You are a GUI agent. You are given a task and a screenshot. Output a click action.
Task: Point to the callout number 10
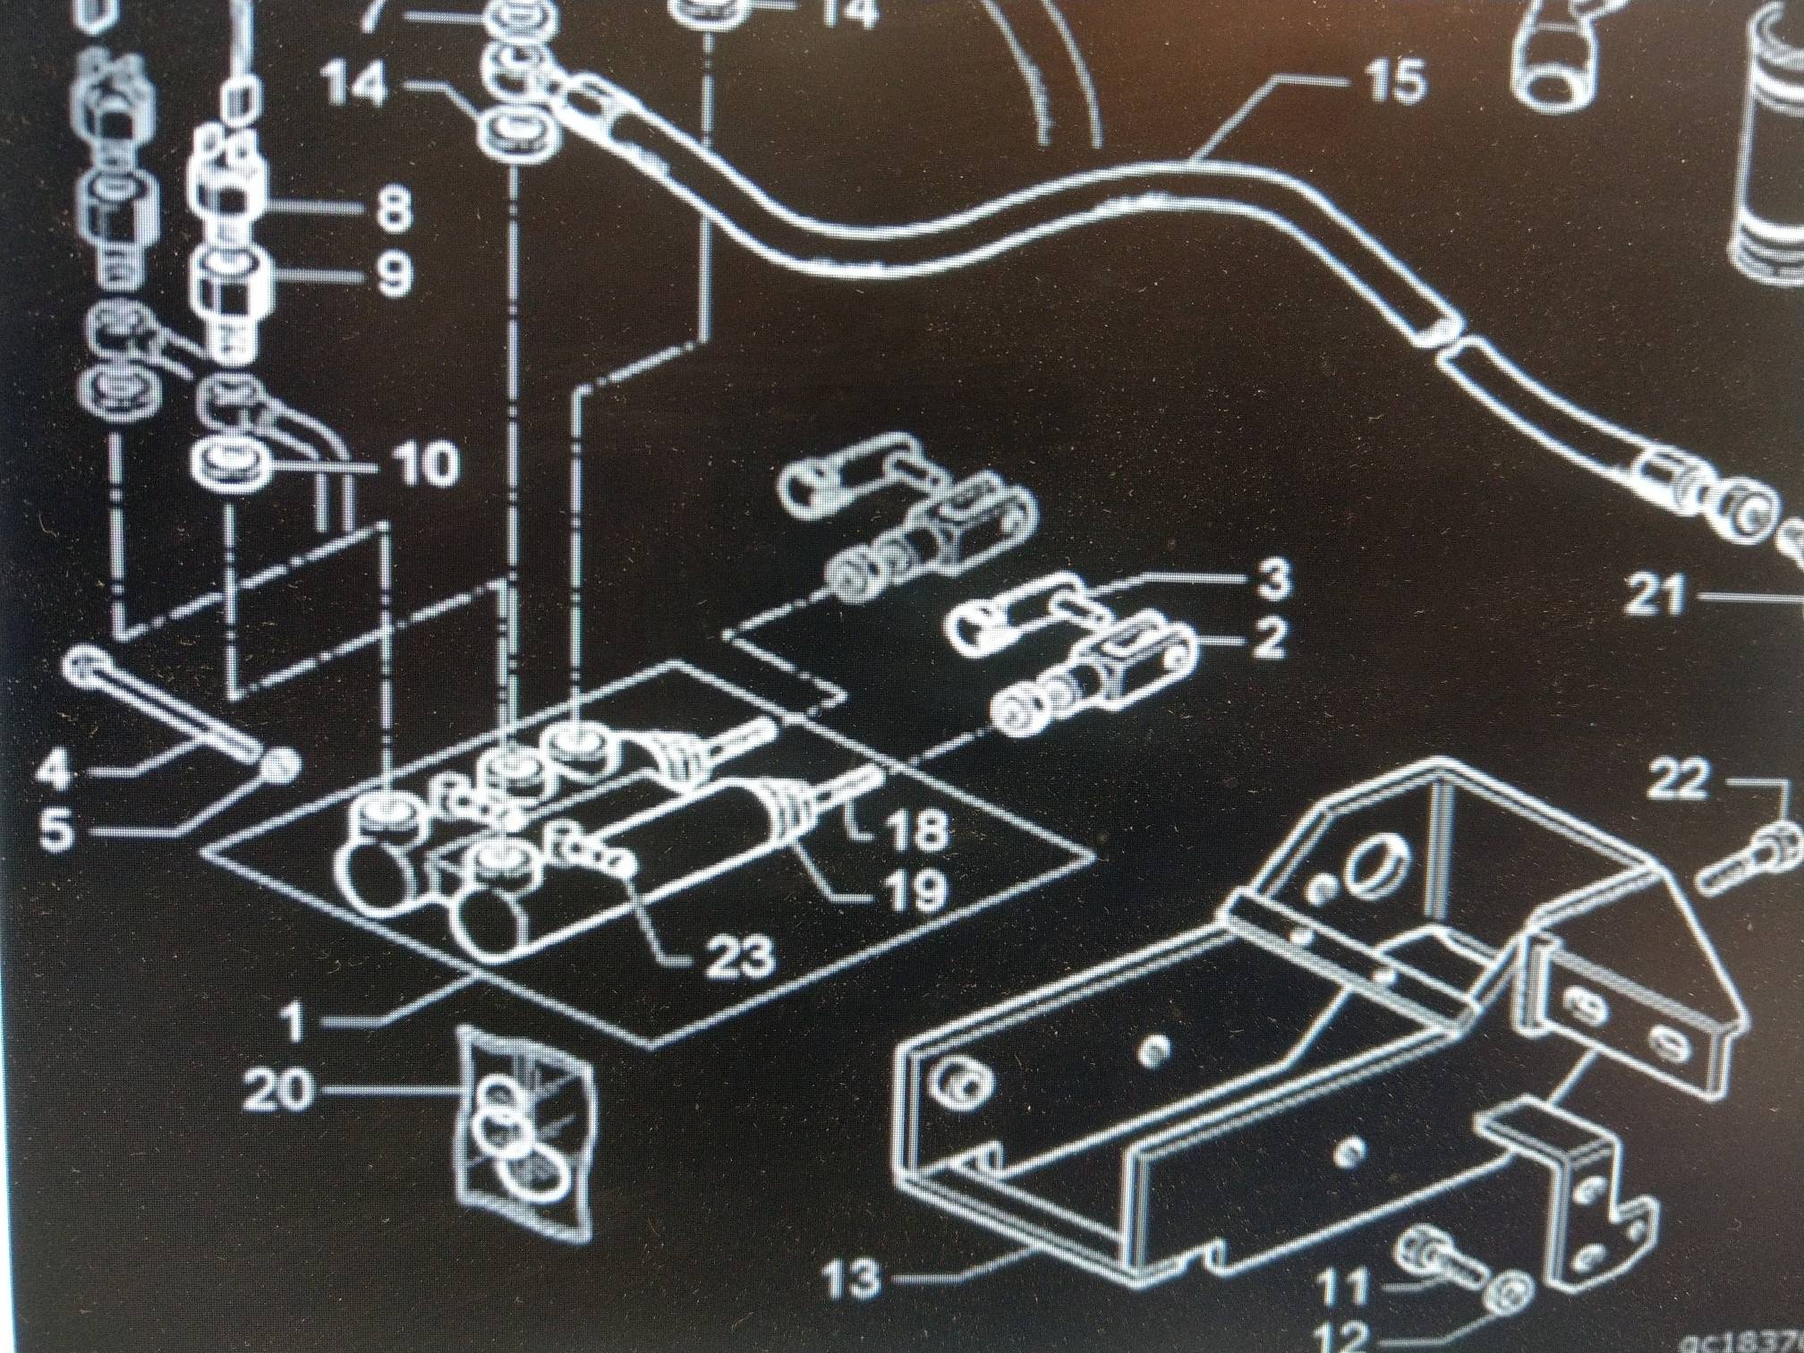coord(424,465)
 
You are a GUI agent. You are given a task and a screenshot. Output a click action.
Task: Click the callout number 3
coord(1268,580)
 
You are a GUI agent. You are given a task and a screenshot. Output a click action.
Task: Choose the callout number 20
coord(281,1093)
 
